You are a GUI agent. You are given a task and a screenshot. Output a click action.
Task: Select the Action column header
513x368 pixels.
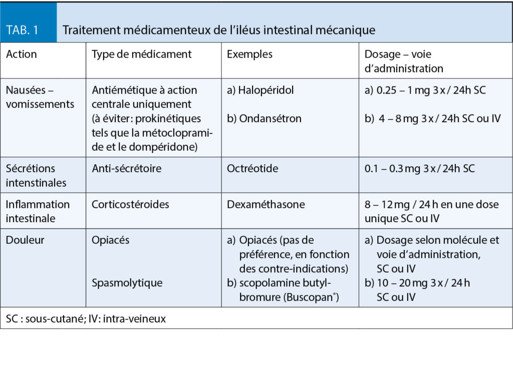pyautogui.click(x=22, y=54)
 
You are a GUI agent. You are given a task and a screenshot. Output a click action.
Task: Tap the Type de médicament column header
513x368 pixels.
pyautogui.click(x=142, y=54)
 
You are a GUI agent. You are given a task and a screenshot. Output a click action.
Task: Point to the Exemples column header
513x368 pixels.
pyautogui.click(x=249, y=54)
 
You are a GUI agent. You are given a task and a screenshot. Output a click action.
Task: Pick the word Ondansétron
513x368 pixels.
pyautogui.click(x=270, y=119)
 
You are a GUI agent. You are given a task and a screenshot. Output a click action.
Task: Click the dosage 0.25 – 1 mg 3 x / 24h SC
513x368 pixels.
pyautogui.click(x=425, y=90)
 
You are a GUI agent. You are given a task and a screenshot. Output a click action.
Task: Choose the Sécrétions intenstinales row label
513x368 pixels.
pyautogui.click(x=36, y=175)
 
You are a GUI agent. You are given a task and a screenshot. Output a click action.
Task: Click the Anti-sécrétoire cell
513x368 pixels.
pyautogui.click(x=127, y=168)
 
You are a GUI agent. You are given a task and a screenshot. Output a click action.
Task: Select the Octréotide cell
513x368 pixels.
pyautogui.click(x=252, y=168)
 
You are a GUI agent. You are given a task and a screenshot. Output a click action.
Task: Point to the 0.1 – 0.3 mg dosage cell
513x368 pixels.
pyautogui.click(x=419, y=168)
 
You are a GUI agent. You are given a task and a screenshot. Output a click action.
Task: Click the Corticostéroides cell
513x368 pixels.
pyautogui.click(x=131, y=204)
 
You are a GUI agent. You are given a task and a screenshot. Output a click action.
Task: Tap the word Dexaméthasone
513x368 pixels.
pyautogui.click(x=266, y=204)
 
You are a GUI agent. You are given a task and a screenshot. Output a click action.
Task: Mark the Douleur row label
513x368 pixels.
pyautogui.click(x=25, y=240)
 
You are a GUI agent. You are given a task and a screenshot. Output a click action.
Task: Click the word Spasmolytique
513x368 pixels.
pyautogui.click(x=127, y=283)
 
